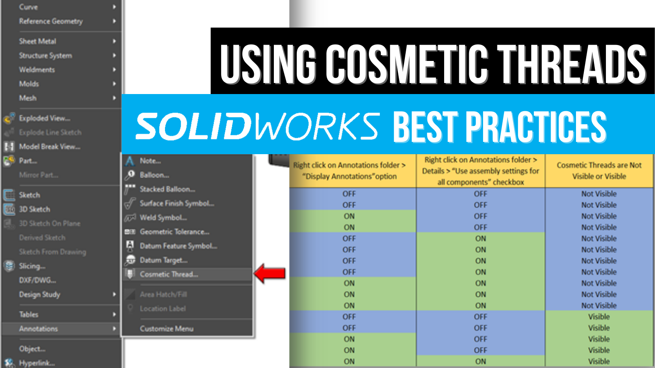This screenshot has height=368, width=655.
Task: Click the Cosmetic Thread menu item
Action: [169, 274]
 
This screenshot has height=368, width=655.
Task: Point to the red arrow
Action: [270, 273]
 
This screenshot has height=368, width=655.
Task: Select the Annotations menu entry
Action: [38, 329]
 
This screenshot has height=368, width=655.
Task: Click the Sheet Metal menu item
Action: [38, 41]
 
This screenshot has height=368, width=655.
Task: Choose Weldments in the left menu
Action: [37, 70]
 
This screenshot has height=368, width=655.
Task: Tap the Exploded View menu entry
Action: [44, 118]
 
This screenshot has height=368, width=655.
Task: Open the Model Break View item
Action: [50, 147]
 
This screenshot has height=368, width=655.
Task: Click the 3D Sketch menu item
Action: [34, 209]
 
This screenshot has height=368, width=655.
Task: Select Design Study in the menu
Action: [40, 294]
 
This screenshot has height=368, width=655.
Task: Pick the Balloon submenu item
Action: [154, 175]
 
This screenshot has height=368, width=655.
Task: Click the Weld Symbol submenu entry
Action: [163, 218]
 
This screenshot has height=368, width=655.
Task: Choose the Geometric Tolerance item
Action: [174, 232]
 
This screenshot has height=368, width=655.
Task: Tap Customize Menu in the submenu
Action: [167, 329]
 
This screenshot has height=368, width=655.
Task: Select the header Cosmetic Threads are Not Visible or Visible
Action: [599, 171]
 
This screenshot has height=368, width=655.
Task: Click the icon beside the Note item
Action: [130, 161]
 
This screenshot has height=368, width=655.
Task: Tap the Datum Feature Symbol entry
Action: [178, 246]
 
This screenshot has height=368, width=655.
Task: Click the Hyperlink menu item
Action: [36, 363]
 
